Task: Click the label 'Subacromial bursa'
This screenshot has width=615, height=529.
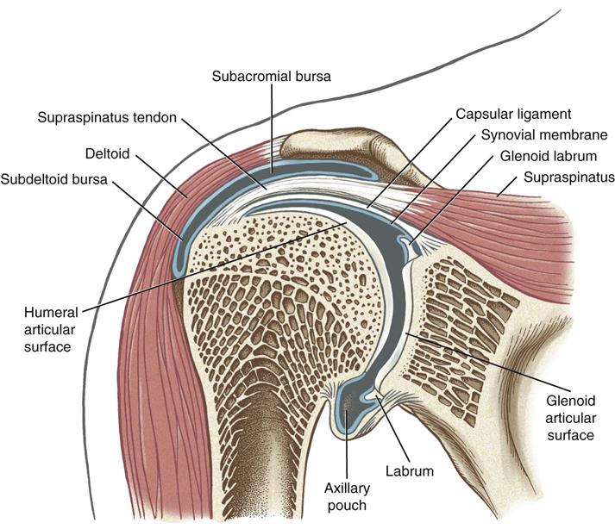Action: (272, 77)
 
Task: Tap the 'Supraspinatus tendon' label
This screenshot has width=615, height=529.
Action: (104, 116)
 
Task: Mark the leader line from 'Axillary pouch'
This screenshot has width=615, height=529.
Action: (347, 448)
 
